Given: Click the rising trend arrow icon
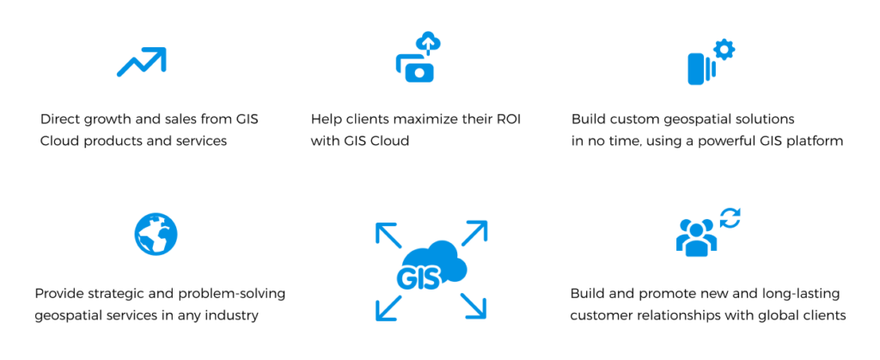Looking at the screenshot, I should (141, 61).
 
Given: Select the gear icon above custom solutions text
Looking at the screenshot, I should (724, 51).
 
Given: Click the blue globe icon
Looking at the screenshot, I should (156, 233).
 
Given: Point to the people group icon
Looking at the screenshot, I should (696, 236).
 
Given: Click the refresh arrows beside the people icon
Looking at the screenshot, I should (730, 218).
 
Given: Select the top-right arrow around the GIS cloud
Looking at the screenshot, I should (474, 233).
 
